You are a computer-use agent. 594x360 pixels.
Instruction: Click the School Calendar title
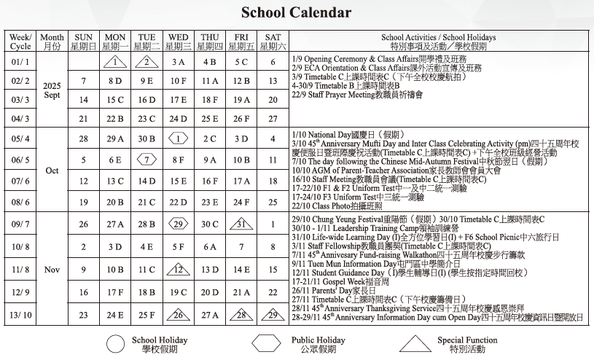tap(296, 13)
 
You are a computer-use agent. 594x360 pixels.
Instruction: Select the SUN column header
tap(84, 42)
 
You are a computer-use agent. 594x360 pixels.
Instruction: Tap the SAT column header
tap(273, 42)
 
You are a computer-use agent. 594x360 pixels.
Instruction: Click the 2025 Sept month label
tap(52, 90)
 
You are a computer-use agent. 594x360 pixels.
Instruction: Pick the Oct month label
tap(52, 171)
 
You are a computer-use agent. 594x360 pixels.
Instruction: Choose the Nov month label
tap(52, 270)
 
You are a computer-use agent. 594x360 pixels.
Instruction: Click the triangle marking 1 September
tap(115, 62)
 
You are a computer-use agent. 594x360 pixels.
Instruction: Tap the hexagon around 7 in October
tap(146, 160)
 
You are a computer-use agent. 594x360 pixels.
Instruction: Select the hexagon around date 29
tap(178, 224)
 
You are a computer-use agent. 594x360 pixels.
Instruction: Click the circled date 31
tap(241, 224)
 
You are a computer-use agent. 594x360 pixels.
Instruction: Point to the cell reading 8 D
tap(115, 81)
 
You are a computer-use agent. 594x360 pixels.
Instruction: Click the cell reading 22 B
tap(115, 119)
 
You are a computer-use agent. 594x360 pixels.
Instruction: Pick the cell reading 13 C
tap(115, 181)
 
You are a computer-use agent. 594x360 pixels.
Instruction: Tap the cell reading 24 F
tap(241, 202)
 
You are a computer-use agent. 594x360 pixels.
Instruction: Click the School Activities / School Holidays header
tap(438, 42)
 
